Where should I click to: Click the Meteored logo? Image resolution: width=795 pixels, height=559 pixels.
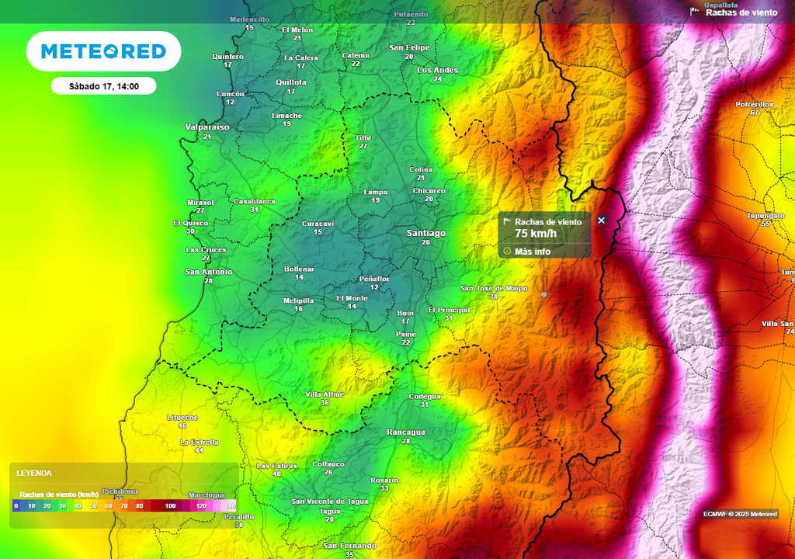[x=103, y=51]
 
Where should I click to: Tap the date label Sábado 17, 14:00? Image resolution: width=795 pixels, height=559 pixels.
[x=103, y=86]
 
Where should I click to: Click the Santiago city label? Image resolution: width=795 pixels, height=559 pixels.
[x=426, y=233]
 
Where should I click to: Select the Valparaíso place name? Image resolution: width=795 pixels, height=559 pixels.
[x=207, y=127]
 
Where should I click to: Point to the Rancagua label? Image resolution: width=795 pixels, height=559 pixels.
[x=406, y=432]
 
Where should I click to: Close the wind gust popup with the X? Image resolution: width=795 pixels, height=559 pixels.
[x=601, y=220]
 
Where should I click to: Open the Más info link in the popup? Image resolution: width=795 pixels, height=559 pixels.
[x=532, y=252]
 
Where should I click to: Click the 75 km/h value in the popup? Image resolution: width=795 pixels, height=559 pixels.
[x=536, y=234]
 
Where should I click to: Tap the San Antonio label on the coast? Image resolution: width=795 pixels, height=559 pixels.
[x=208, y=272]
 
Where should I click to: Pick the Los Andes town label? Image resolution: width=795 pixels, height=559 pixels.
[x=438, y=70]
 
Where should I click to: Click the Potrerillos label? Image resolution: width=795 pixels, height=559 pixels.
[x=754, y=104]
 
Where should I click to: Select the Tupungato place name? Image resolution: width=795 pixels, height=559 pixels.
[x=765, y=215]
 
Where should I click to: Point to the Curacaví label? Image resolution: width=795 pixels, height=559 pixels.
[x=318, y=224]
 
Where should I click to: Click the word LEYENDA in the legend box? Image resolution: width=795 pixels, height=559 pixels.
[x=34, y=473]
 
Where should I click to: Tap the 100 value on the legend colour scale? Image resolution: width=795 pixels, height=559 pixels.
[x=170, y=506]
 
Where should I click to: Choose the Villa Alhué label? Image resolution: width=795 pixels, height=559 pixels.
[x=325, y=394]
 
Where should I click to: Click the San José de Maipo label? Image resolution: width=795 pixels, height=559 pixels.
[x=494, y=288]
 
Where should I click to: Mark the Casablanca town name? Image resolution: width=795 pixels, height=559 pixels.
[x=255, y=201]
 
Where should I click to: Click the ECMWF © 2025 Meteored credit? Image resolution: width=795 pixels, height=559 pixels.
[x=740, y=514]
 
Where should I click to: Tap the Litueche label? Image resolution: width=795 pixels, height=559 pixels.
[x=182, y=417]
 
